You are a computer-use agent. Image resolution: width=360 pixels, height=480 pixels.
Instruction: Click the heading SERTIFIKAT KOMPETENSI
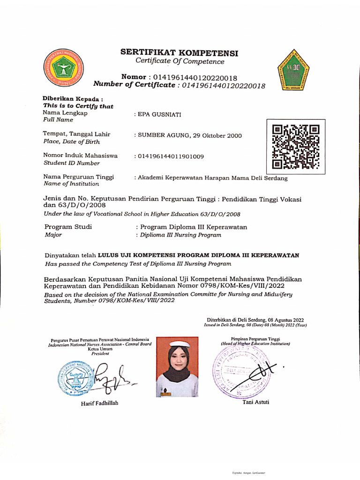click(180, 53)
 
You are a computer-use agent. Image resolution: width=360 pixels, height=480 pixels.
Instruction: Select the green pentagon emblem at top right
click(291, 71)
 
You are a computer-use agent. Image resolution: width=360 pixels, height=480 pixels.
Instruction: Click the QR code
click(296, 147)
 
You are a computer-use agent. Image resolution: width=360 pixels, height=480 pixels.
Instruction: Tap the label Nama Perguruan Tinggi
click(78, 177)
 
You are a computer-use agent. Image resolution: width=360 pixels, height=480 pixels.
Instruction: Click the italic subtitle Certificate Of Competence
click(180, 61)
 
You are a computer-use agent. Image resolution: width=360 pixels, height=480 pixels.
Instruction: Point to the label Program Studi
click(67, 227)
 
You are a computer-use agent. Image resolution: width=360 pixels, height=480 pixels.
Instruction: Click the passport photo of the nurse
click(177, 367)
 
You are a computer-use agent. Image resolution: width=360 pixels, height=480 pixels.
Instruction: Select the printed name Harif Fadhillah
click(99, 404)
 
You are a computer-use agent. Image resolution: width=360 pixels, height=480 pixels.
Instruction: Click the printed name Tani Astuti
click(255, 402)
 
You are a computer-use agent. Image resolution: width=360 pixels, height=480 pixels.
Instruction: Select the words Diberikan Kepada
click(73, 99)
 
